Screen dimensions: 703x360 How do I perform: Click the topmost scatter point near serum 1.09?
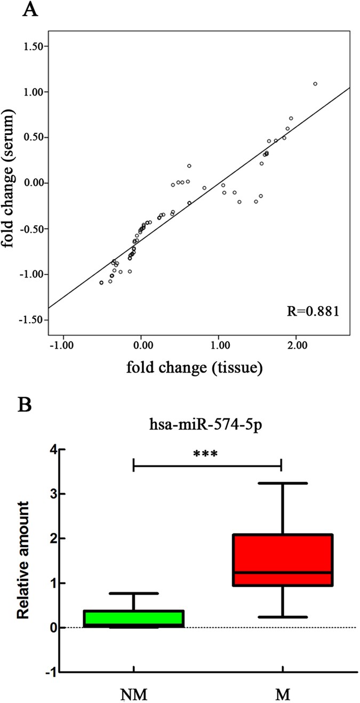point(315,84)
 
